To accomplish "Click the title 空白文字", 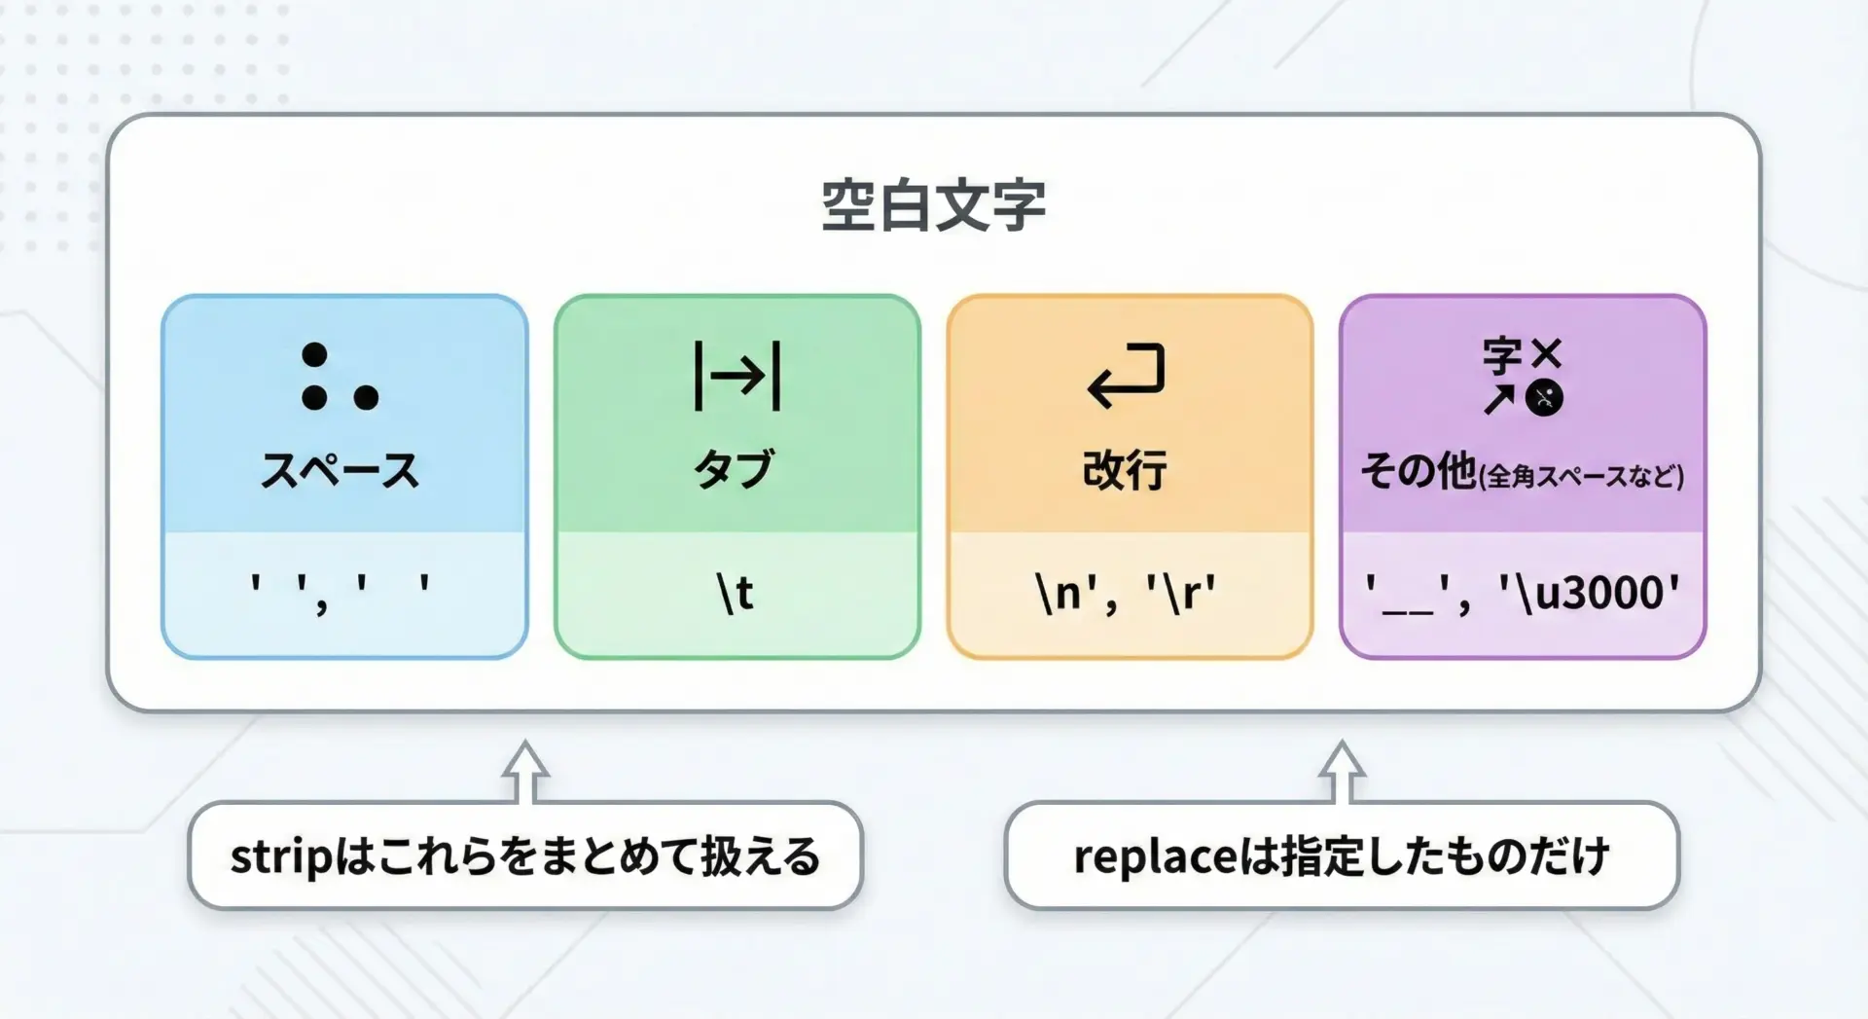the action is point(933,205).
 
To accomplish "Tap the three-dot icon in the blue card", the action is point(340,377).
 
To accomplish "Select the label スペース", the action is point(340,470).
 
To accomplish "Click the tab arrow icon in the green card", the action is point(736,376).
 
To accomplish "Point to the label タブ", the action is point(735,469).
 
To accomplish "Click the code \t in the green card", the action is point(736,592).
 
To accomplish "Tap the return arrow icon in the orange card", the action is point(1126,375).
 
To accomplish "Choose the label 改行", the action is point(1125,470).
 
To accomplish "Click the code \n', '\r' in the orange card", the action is point(1126,593).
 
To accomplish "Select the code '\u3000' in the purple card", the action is point(1589,593).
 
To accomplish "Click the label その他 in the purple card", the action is point(1419,471).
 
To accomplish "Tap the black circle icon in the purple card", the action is point(1544,398).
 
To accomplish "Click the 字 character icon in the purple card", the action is point(1502,355).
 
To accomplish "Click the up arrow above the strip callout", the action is point(525,772).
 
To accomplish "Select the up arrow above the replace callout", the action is point(1342,772).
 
